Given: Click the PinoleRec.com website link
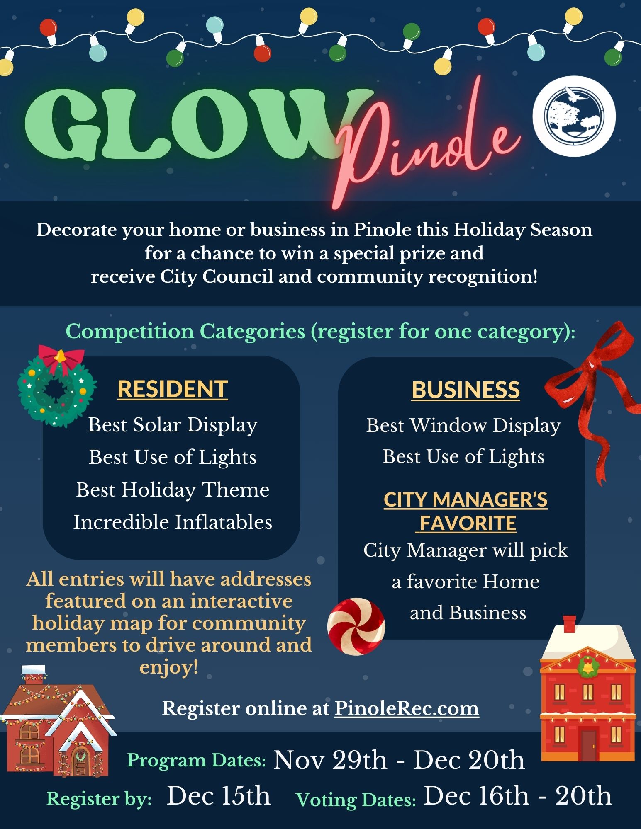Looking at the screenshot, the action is click(407, 708).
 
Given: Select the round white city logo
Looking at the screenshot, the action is click(574, 116).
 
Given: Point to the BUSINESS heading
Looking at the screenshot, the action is click(466, 390).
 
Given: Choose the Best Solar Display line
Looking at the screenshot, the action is click(173, 425).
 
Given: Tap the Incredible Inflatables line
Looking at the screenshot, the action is click(173, 522).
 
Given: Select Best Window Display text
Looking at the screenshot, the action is click(463, 426).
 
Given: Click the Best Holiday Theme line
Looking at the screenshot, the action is click(173, 490).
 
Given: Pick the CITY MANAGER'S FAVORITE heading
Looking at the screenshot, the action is click(466, 511).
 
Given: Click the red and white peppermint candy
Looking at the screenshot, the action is click(356, 626).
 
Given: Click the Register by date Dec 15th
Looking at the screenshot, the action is click(219, 796).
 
